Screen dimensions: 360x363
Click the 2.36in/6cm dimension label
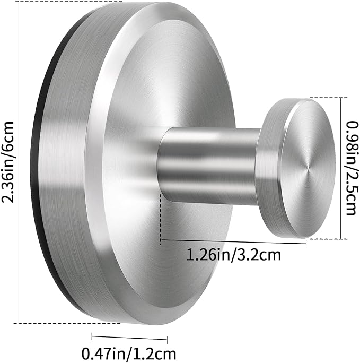coord(7,162)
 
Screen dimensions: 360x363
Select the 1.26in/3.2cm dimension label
coord(233,255)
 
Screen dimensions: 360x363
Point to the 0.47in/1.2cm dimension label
coord(129,353)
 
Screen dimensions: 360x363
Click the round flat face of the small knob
coord(309,169)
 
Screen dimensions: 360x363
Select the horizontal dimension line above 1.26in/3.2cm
coord(233,241)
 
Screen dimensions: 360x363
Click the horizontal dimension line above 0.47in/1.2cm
coord(129,338)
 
